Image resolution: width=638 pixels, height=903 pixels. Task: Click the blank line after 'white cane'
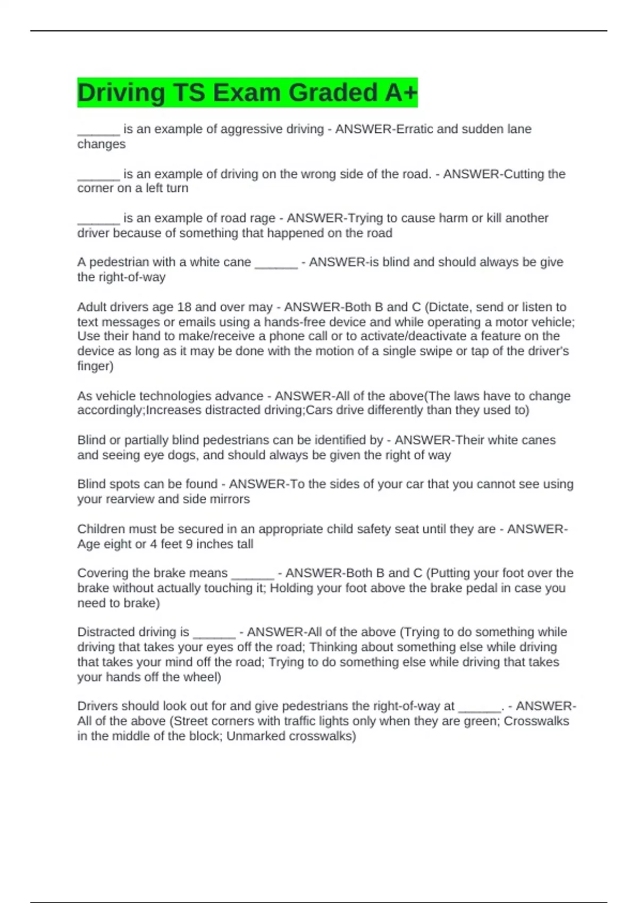pos(276,262)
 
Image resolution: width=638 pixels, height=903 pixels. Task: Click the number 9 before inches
pos(189,544)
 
